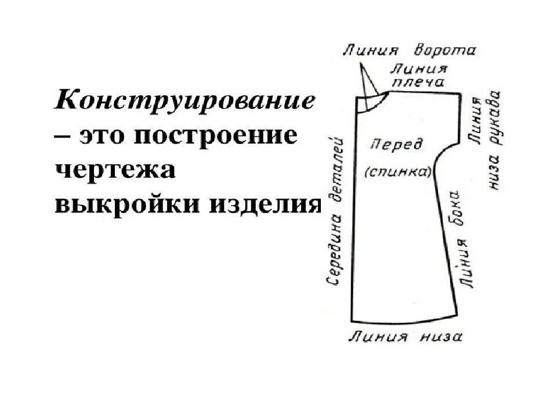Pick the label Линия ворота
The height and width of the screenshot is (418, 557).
point(409,51)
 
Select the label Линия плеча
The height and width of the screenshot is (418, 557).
point(419,75)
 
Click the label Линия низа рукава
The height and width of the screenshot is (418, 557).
point(486,139)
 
